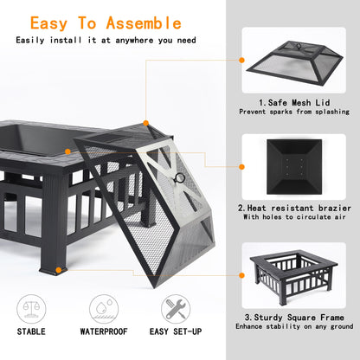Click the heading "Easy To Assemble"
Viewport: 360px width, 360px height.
coord(107,22)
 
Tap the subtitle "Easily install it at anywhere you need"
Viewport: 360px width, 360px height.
coord(107,40)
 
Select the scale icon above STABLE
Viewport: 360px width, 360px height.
coord(33,307)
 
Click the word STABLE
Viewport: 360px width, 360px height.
coord(33,331)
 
